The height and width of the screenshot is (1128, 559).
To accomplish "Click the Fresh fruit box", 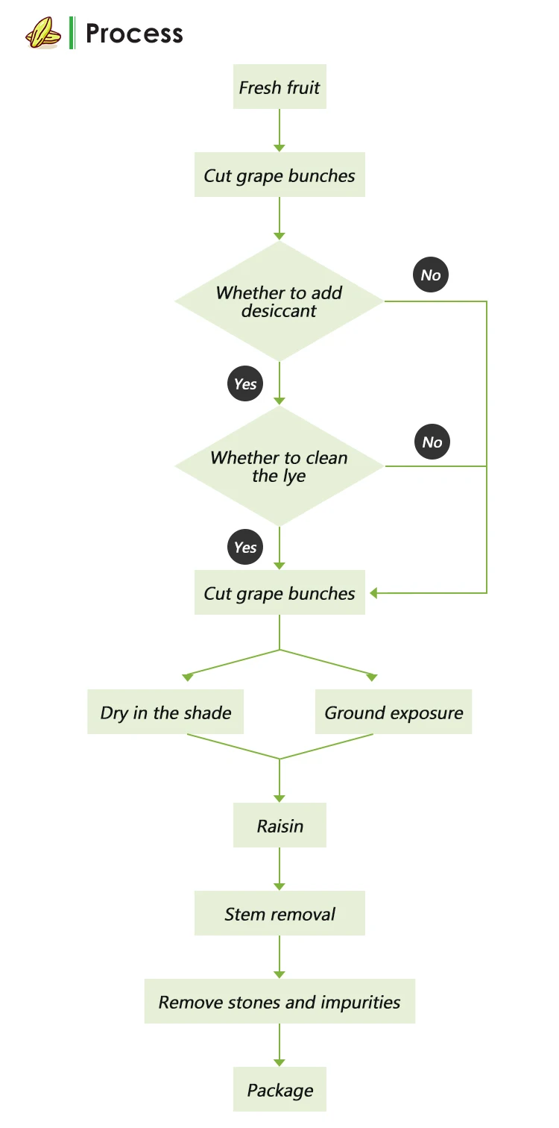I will pos(279,87).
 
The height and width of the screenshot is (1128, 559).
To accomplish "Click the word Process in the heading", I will pos(134,34).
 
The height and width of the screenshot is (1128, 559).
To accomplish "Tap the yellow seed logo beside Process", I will pos(43,34).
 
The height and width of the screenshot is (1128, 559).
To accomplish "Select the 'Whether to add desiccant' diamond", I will pos(279,301).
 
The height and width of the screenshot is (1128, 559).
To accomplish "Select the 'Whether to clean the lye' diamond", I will pos(279,466).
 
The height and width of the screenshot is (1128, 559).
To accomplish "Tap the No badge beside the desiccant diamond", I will pos(431,275).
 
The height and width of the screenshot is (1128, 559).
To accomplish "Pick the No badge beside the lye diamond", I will pos(432,442).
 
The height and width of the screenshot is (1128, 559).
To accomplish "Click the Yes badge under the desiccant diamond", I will pos(245,384).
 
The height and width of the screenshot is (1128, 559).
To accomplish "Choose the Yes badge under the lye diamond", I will pos(245,548).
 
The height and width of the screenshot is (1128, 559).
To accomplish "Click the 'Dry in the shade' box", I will pos(165,712).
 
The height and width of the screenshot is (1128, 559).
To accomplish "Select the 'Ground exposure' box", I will pos(394,712).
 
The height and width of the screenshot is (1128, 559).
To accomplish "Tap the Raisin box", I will pos(279,826).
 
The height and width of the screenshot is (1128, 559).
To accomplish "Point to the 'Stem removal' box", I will pos(279,914).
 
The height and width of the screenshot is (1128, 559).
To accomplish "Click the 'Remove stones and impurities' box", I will pos(279,1002).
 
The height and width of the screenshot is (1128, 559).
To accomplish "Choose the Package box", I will pos(279,1091).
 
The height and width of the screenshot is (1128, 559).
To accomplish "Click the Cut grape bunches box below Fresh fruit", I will pos(279,175).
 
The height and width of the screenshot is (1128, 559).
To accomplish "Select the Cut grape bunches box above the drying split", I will pos(279,593).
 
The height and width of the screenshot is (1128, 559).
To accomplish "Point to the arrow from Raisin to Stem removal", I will pos(279,868).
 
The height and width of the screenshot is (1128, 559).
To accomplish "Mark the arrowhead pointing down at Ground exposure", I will pos(372,677).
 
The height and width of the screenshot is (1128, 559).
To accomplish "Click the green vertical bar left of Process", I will pos(72,34).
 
